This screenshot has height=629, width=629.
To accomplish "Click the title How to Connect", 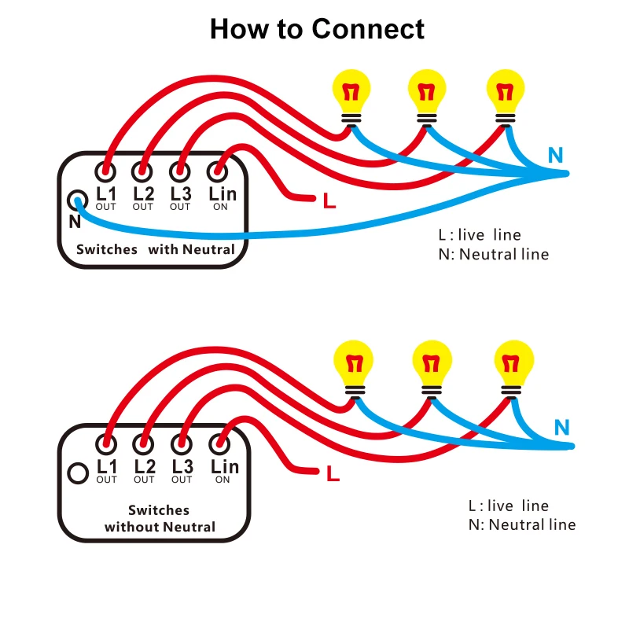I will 317,29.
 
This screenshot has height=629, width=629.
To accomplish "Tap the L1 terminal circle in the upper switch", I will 105,171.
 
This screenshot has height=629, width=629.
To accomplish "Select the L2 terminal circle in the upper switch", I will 142,171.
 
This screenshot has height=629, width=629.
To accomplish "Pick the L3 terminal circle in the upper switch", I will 180,171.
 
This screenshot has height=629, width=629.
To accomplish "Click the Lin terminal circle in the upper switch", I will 219,171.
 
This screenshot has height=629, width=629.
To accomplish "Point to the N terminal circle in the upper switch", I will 76,200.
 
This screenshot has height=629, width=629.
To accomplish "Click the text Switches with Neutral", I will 155,249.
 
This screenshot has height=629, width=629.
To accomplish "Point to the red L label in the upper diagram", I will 329,201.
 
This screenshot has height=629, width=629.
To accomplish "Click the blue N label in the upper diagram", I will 556,155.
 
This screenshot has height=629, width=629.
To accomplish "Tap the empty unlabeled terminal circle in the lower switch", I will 78,473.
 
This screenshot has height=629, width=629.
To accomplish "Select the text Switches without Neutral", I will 160,518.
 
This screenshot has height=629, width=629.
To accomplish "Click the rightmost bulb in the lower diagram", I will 514,363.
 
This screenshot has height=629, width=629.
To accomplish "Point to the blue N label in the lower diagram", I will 561,428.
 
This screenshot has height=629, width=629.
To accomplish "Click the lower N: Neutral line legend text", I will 522,524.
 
